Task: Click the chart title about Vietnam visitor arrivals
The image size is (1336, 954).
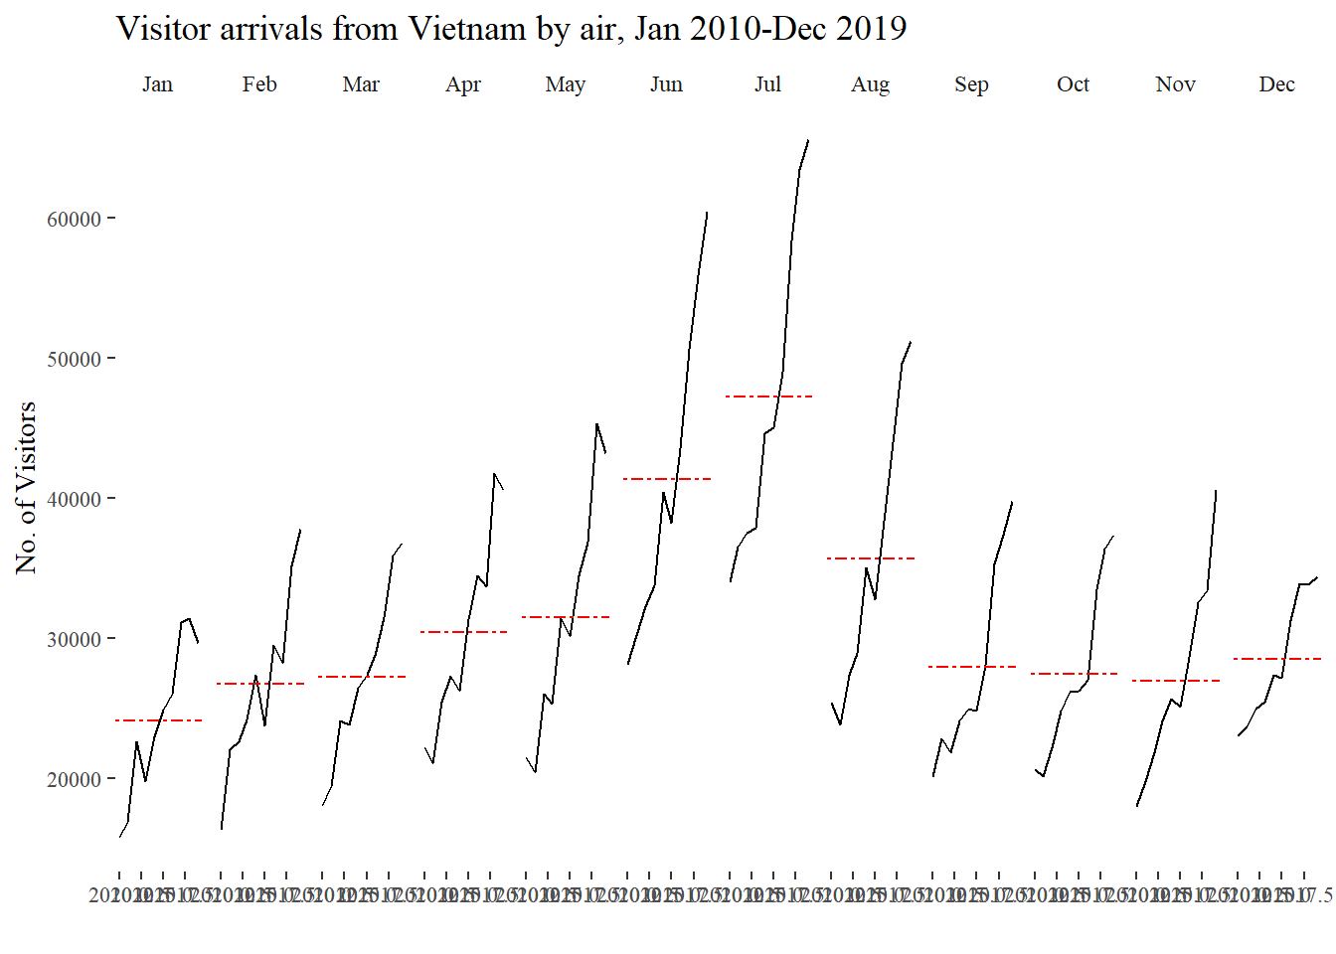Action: [x=511, y=29]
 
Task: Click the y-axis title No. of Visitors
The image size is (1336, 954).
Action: [x=27, y=487]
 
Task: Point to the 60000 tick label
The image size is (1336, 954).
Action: [x=74, y=219]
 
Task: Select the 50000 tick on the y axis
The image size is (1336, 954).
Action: [x=74, y=359]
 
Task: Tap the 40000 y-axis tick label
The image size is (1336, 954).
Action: [x=74, y=499]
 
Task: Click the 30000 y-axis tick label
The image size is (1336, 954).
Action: [x=74, y=639]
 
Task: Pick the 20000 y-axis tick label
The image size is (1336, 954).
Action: [x=74, y=779]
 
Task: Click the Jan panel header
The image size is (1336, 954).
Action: [x=157, y=84]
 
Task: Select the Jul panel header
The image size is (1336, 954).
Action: [x=767, y=84]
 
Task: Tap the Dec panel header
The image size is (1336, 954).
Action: [x=1276, y=84]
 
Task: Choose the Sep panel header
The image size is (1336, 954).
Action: [x=971, y=84]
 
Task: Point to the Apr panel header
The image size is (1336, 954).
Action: [x=463, y=84]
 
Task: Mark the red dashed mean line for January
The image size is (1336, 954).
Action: [x=158, y=720]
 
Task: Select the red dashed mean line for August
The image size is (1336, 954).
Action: [x=871, y=558]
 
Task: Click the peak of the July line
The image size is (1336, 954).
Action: [x=808, y=140]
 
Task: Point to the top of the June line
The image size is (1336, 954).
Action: [x=707, y=212]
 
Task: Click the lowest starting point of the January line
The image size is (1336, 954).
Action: [x=119, y=837]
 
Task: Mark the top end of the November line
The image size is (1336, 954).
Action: [x=1216, y=490]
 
